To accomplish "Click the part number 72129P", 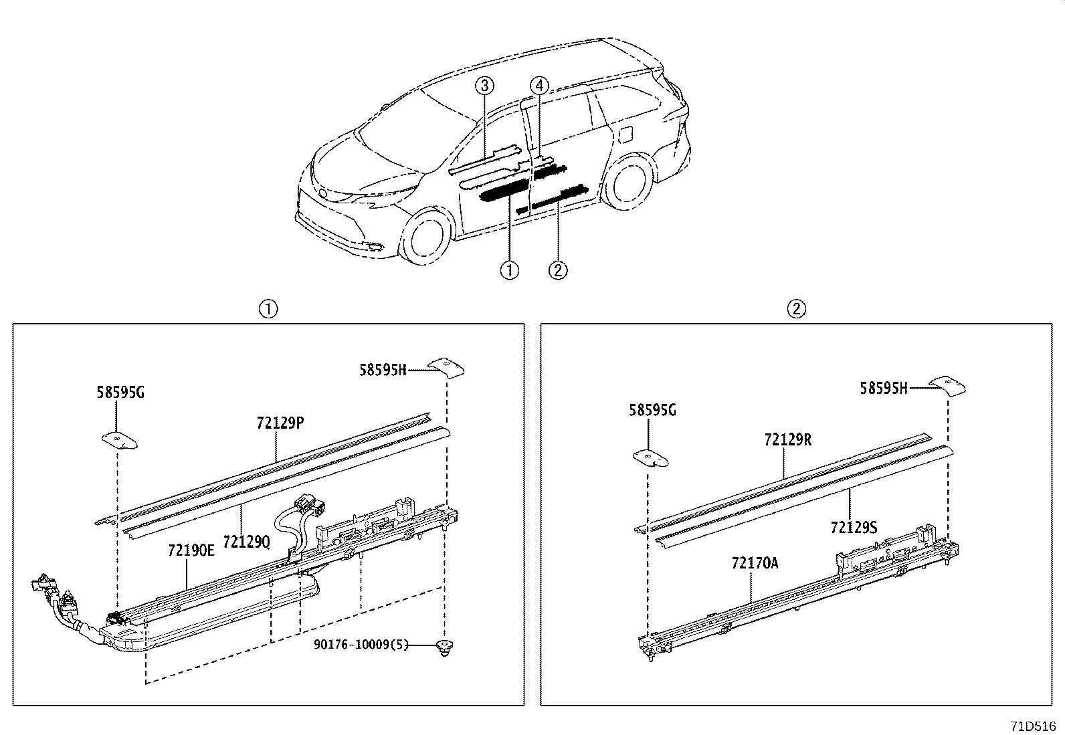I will tap(281, 423).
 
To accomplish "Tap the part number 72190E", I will tap(191, 550).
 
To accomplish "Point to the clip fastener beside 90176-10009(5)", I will tap(443, 647).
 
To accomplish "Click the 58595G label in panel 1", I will tap(120, 393).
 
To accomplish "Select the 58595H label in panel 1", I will tap(383, 369).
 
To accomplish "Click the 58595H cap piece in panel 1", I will tap(446, 366).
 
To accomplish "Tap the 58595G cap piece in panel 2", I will tap(650, 457).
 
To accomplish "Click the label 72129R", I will tap(788, 439).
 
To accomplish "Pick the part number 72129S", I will tap(854, 527).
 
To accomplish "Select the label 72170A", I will tap(755, 563).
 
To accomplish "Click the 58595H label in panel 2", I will tap(884, 388).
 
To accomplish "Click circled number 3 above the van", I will tap(486, 86).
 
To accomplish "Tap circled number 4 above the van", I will tap(540, 86).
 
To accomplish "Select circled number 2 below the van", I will tap(558, 270).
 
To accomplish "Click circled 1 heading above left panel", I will tap(268, 309).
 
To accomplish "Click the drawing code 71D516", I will tap(1032, 726).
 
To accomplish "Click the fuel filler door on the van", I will tap(626, 134).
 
